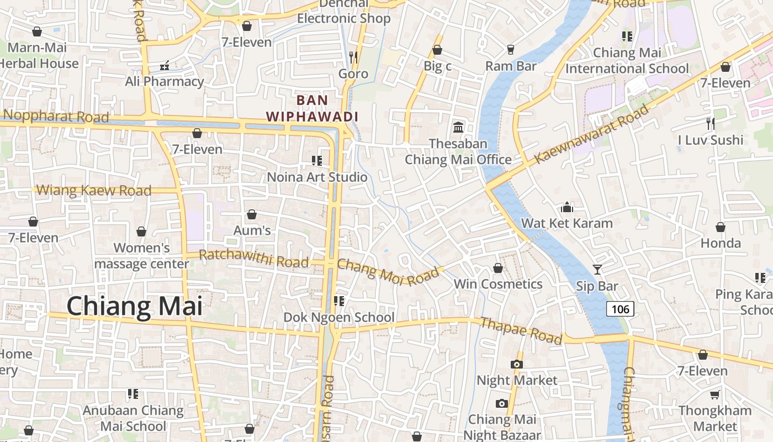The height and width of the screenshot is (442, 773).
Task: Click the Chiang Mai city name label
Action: (x=135, y=307)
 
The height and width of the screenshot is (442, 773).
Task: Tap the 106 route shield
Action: (x=620, y=309)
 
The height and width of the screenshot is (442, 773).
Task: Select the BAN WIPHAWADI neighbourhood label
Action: (x=313, y=108)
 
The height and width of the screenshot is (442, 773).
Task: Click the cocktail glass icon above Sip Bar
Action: (x=597, y=270)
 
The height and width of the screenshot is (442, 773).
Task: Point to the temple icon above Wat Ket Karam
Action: (x=566, y=208)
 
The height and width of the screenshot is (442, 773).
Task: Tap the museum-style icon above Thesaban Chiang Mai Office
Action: (x=458, y=128)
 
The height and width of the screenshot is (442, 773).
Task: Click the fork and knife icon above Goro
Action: (x=353, y=57)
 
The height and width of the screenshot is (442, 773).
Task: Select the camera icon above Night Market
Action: (x=517, y=364)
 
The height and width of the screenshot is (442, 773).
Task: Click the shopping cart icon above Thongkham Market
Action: (x=715, y=394)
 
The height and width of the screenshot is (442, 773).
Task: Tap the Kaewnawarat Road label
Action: (x=591, y=134)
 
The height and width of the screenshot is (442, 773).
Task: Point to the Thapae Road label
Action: (x=521, y=330)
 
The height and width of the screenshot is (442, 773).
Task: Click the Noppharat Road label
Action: (x=56, y=117)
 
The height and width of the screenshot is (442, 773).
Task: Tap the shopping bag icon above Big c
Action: (x=437, y=50)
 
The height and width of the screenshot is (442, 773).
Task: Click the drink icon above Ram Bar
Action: (x=511, y=50)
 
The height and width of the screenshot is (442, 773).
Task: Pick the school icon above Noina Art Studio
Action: (x=317, y=161)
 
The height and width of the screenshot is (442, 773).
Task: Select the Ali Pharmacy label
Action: (x=165, y=81)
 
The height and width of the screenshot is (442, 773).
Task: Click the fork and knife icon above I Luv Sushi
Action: (x=711, y=124)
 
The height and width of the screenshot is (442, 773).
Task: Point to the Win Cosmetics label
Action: (x=498, y=284)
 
